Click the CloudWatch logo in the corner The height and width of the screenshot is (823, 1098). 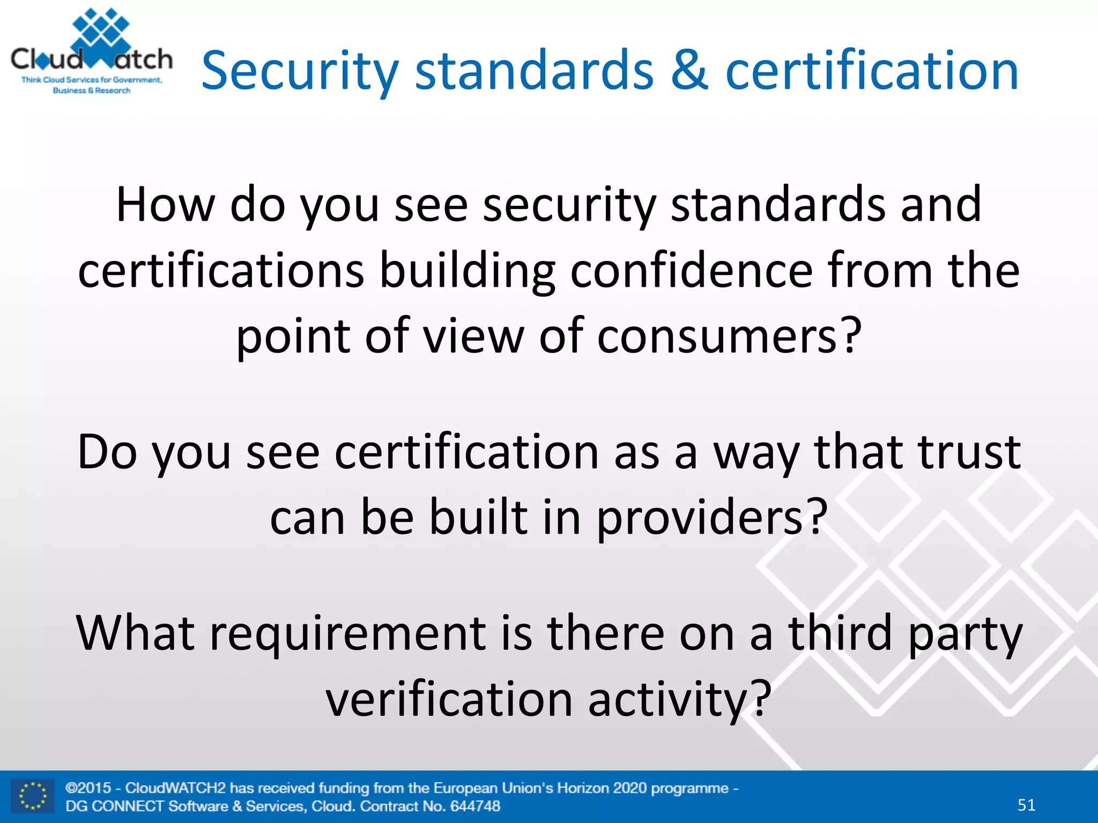[x=91, y=53]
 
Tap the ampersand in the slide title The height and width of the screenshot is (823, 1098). [x=689, y=71]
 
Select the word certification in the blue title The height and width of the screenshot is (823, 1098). [x=872, y=71]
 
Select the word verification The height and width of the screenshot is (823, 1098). [x=449, y=699]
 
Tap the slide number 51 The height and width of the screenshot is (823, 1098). [x=1026, y=804]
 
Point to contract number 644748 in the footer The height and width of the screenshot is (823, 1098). [x=475, y=806]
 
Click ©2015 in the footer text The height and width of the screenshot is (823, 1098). [x=88, y=788]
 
